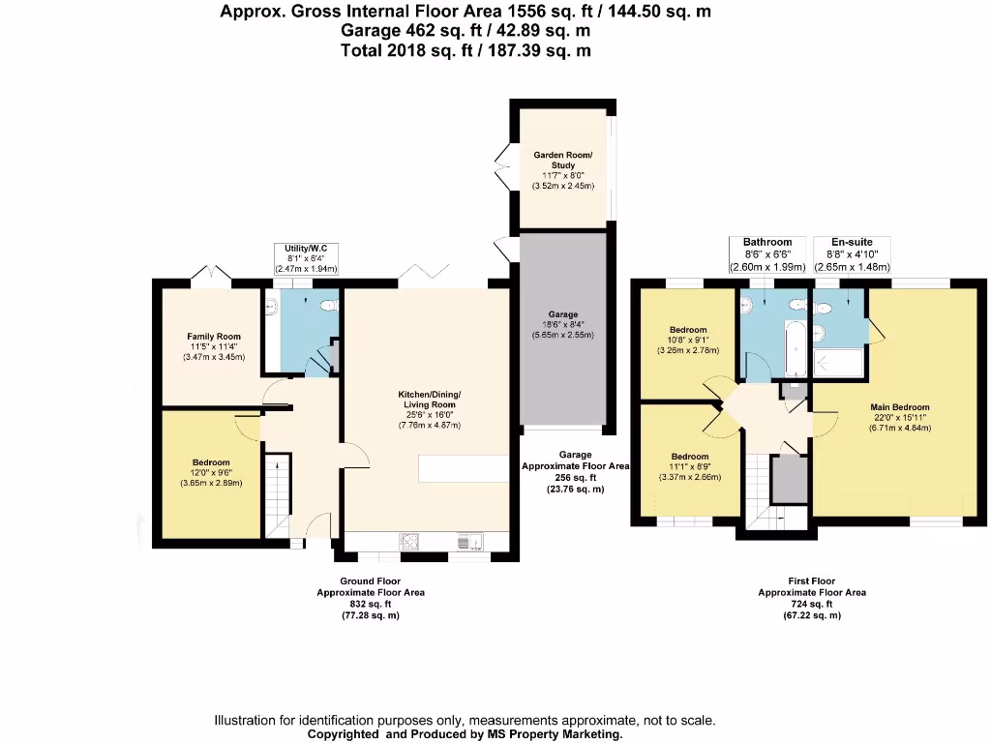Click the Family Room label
point(214,337)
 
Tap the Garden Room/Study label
point(563,160)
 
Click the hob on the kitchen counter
point(408,542)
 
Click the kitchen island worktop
point(464,468)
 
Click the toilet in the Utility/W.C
point(330,306)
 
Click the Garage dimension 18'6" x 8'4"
point(563,325)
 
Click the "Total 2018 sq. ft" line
point(465,50)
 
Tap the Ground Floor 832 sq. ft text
point(371,604)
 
